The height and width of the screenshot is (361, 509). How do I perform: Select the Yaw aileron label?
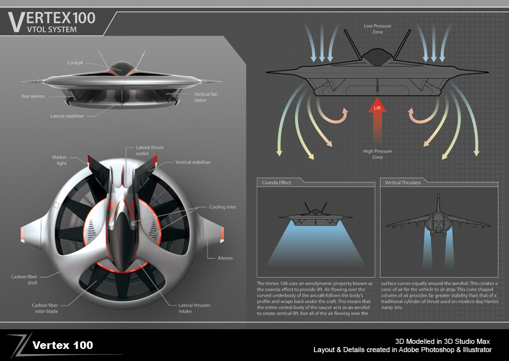point(32,97)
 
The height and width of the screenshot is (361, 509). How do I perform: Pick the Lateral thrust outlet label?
point(150,151)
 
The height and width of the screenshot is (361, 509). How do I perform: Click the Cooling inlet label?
point(221,207)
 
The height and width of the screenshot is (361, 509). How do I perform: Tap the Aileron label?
point(224,258)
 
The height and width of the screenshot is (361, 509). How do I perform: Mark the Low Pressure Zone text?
point(377,29)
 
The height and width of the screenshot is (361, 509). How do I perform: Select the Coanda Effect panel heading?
point(276,183)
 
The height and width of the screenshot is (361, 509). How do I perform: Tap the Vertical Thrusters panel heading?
point(403,183)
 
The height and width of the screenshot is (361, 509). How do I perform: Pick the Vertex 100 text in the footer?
point(62,345)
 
